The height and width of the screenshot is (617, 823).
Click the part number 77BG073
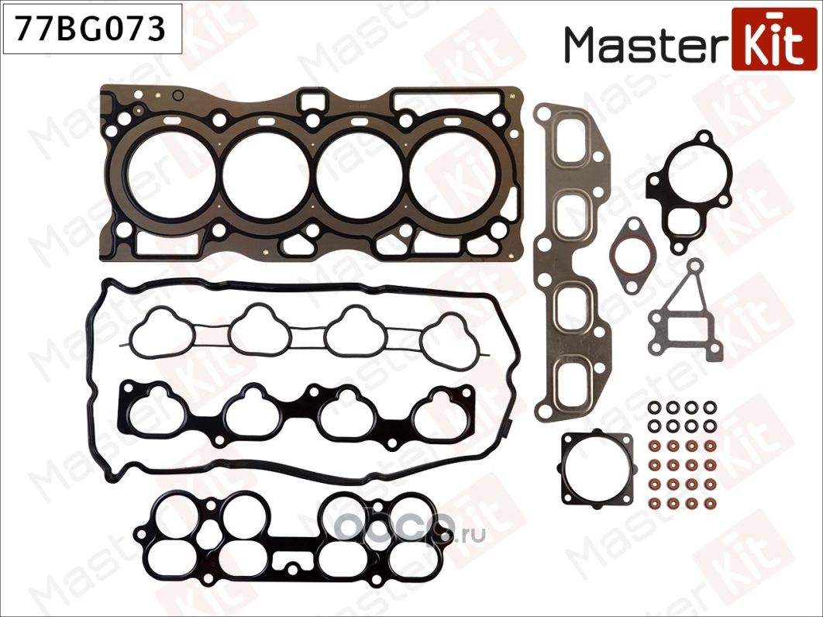click(x=92, y=29)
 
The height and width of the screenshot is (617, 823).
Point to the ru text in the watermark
click(x=474, y=534)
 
